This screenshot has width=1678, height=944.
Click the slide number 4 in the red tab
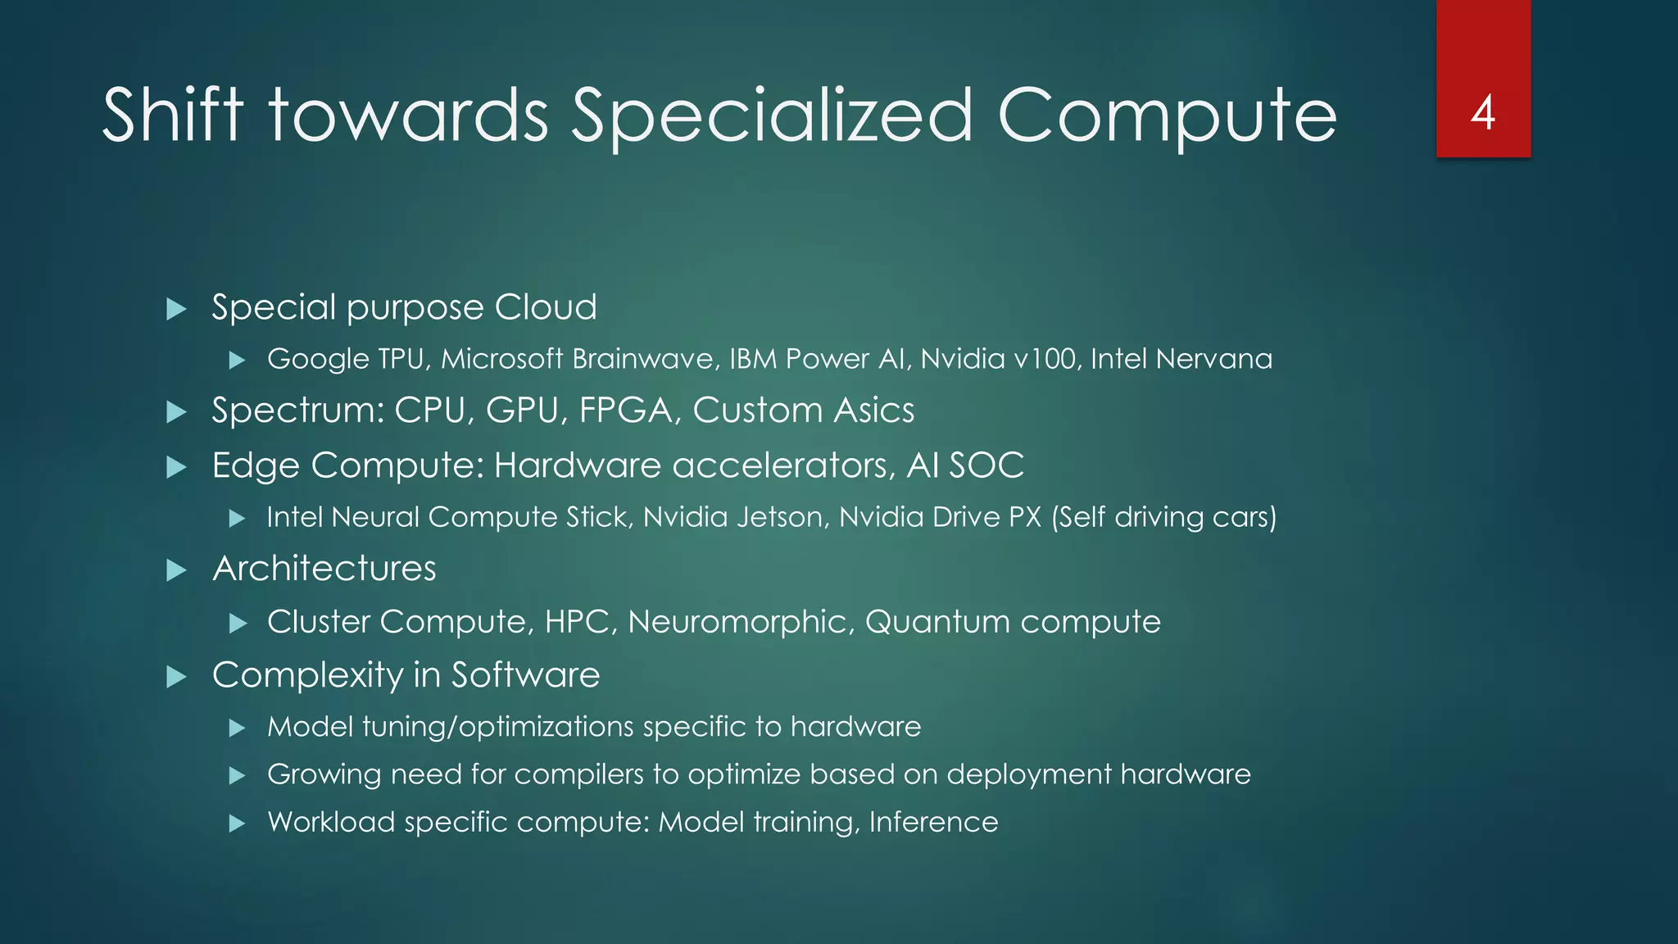click(x=1483, y=112)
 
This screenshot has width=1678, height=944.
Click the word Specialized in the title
click(x=772, y=116)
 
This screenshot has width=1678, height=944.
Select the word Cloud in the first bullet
click(x=546, y=307)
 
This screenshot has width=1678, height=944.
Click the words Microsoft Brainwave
click(x=578, y=359)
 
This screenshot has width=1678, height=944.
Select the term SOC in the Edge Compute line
click(x=986, y=465)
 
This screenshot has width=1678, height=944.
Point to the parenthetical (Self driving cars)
click(x=1163, y=517)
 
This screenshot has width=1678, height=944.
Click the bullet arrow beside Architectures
click(x=176, y=570)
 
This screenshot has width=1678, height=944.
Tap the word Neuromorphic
click(x=741, y=622)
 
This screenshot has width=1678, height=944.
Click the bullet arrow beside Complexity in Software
click(x=176, y=677)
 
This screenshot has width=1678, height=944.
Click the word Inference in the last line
click(x=933, y=822)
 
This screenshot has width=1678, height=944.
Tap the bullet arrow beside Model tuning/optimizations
click(x=238, y=728)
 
